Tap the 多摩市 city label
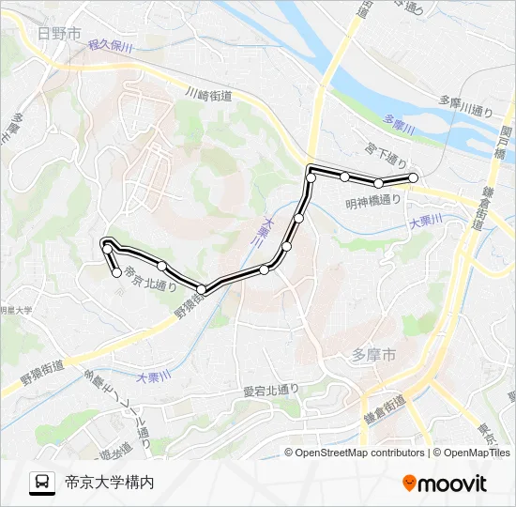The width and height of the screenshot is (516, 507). click(373, 355)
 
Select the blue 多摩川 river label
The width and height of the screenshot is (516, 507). click(399, 130)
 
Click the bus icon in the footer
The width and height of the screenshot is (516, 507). click(43, 483)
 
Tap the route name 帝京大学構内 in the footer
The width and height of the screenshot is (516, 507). click(109, 483)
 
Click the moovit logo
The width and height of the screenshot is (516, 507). click(445, 483)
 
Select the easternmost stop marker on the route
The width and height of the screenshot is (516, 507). click(413, 177)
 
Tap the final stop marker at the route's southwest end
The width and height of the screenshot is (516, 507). click(117, 273)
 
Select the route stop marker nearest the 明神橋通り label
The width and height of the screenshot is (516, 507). click(378, 183)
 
